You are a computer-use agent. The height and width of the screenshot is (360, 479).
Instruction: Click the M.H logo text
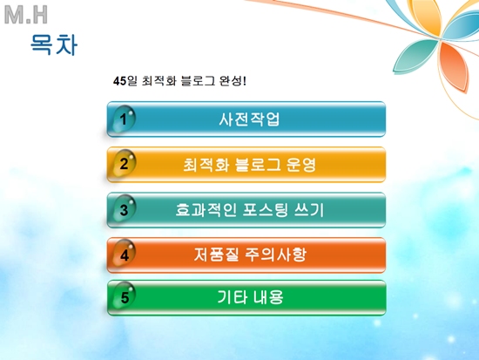pyautogui.click(x=26, y=15)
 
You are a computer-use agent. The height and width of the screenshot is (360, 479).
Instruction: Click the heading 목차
pyautogui.click(x=54, y=44)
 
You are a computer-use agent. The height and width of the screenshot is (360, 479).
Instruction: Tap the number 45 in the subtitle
pyautogui.click(x=119, y=81)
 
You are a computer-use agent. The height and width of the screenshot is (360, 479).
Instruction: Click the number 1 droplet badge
pyautogui.click(x=124, y=119)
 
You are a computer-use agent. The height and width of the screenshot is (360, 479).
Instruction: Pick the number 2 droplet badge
pyautogui.click(x=124, y=164)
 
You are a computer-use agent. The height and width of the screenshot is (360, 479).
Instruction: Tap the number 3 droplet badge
pyautogui.click(x=124, y=209)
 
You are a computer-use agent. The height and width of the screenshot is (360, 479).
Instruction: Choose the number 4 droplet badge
pyautogui.click(x=124, y=255)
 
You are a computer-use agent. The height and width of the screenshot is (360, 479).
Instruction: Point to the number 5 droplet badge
pyautogui.click(x=124, y=297)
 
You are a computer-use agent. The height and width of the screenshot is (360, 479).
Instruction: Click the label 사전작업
pyautogui.click(x=249, y=119)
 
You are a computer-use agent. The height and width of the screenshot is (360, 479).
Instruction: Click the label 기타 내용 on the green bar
pyautogui.click(x=250, y=297)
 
